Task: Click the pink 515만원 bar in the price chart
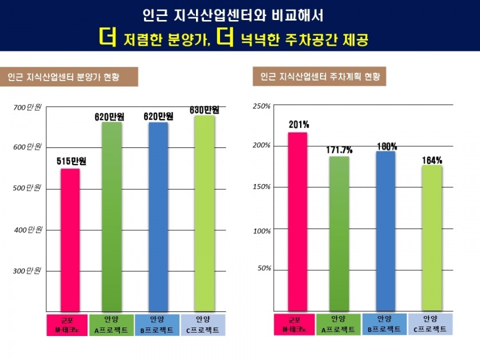click(x=70, y=240)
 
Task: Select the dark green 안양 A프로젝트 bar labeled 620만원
click(x=112, y=217)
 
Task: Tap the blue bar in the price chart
click(x=158, y=217)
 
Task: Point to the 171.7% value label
click(x=339, y=150)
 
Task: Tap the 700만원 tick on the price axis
click(x=27, y=107)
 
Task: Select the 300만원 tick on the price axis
click(x=27, y=271)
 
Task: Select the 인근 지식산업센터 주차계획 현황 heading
click(x=319, y=77)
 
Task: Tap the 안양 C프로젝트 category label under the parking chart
click(x=430, y=324)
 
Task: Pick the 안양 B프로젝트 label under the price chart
click(x=158, y=325)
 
